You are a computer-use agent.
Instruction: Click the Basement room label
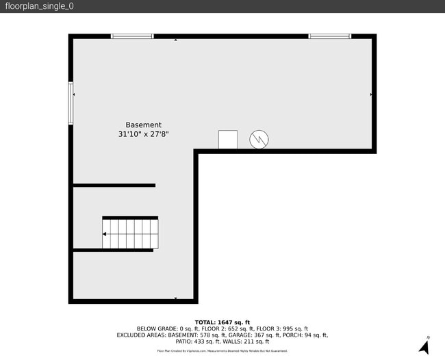click(x=143, y=125)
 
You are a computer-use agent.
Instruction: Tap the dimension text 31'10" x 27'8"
click(x=143, y=135)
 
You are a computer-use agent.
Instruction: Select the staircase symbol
click(x=131, y=233)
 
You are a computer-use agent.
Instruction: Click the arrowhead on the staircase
click(x=105, y=234)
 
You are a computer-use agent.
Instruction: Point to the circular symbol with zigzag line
click(x=259, y=140)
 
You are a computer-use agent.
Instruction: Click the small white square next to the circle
click(x=228, y=139)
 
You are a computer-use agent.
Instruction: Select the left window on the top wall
click(x=132, y=36)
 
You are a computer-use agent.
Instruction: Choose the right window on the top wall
click(x=329, y=36)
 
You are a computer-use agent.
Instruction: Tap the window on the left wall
click(x=71, y=103)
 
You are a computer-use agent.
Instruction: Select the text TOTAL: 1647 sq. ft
click(x=222, y=322)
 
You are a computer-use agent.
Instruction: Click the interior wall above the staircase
click(x=114, y=185)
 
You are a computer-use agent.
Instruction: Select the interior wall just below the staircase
click(x=113, y=250)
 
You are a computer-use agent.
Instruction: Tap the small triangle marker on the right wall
click(x=371, y=94)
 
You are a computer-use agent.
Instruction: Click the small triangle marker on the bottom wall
click(x=176, y=298)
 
